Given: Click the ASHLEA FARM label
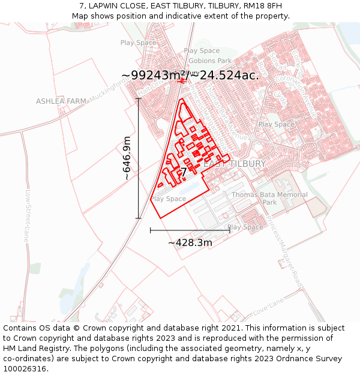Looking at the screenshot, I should pyautogui.click(x=61, y=101).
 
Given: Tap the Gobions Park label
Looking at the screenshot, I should pyautogui.click(x=209, y=61).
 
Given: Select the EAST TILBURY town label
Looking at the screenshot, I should pyautogui.click(x=234, y=164).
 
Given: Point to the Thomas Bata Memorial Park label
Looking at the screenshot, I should pyautogui.click(x=269, y=199).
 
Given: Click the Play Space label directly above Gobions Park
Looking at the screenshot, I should pyautogui.click(x=202, y=51).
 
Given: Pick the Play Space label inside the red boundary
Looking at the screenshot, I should pyautogui.click(x=168, y=199).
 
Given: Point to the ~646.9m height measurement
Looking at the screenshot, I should pyautogui.click(x=127, y=158).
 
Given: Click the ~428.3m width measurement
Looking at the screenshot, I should pyautogui.click(x=190, y=243).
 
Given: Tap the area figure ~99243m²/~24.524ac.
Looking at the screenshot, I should pyautogui.click(x=190, y=75).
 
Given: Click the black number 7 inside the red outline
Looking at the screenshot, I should pyautogui.click(x=193, y=173).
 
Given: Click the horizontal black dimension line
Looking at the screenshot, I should pyautogui.click(x=190, y=230).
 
